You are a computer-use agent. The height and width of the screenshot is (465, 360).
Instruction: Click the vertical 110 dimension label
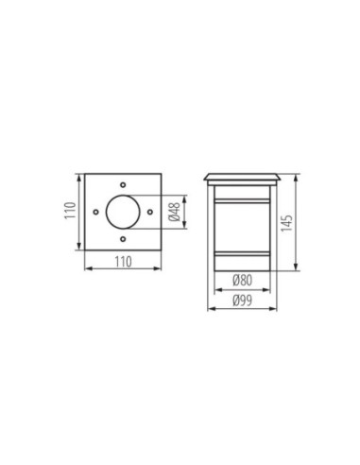71,211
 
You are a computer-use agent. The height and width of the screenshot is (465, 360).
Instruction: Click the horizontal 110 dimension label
123,262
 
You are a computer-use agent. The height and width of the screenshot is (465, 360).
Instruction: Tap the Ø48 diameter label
175,212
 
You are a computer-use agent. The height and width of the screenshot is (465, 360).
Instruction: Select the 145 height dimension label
286,223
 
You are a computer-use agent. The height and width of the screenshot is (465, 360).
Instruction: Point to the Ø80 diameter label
243,280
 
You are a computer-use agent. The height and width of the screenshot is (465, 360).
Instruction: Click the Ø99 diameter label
243,301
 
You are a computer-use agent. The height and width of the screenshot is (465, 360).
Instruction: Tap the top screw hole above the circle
123,184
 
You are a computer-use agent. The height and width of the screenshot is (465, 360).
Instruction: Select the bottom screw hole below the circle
123,239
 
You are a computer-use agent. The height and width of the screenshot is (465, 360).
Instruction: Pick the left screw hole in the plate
95,212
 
